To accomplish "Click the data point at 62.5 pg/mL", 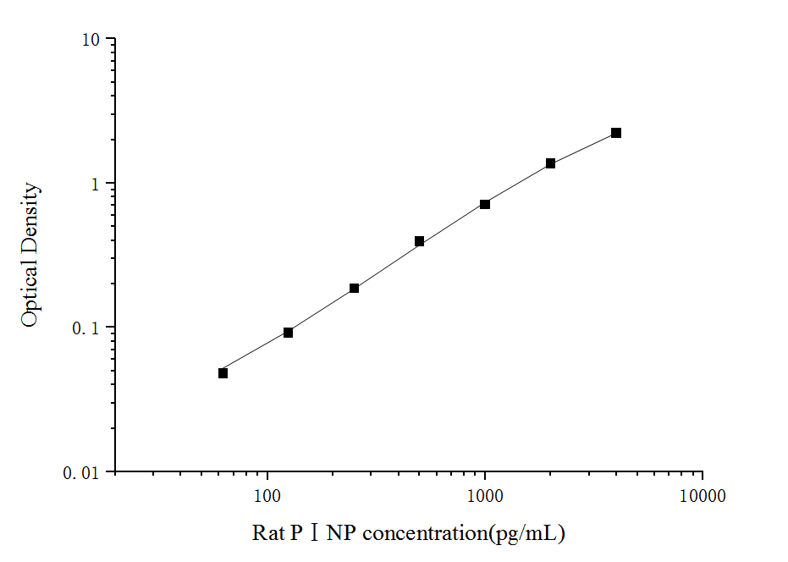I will [x=223, y=372].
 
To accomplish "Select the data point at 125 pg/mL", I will [x=288, y=333].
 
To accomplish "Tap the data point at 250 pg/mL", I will [x=354, y=289].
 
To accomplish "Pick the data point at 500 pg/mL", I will [x=419, y=241].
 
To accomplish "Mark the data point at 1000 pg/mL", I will [x=485, y=204].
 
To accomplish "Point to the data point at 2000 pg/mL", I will [x=550, y=163].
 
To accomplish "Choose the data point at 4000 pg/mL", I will [x=616, y=133].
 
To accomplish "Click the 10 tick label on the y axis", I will [x=91, y=41].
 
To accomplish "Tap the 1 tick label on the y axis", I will [x=96, y=185].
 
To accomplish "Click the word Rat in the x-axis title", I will [x=267, y=533].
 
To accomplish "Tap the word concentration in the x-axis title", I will [x=424, y=533].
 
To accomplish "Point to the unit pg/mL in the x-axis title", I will [x=532, y=534].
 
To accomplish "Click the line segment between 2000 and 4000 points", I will [x=583, y=147].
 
